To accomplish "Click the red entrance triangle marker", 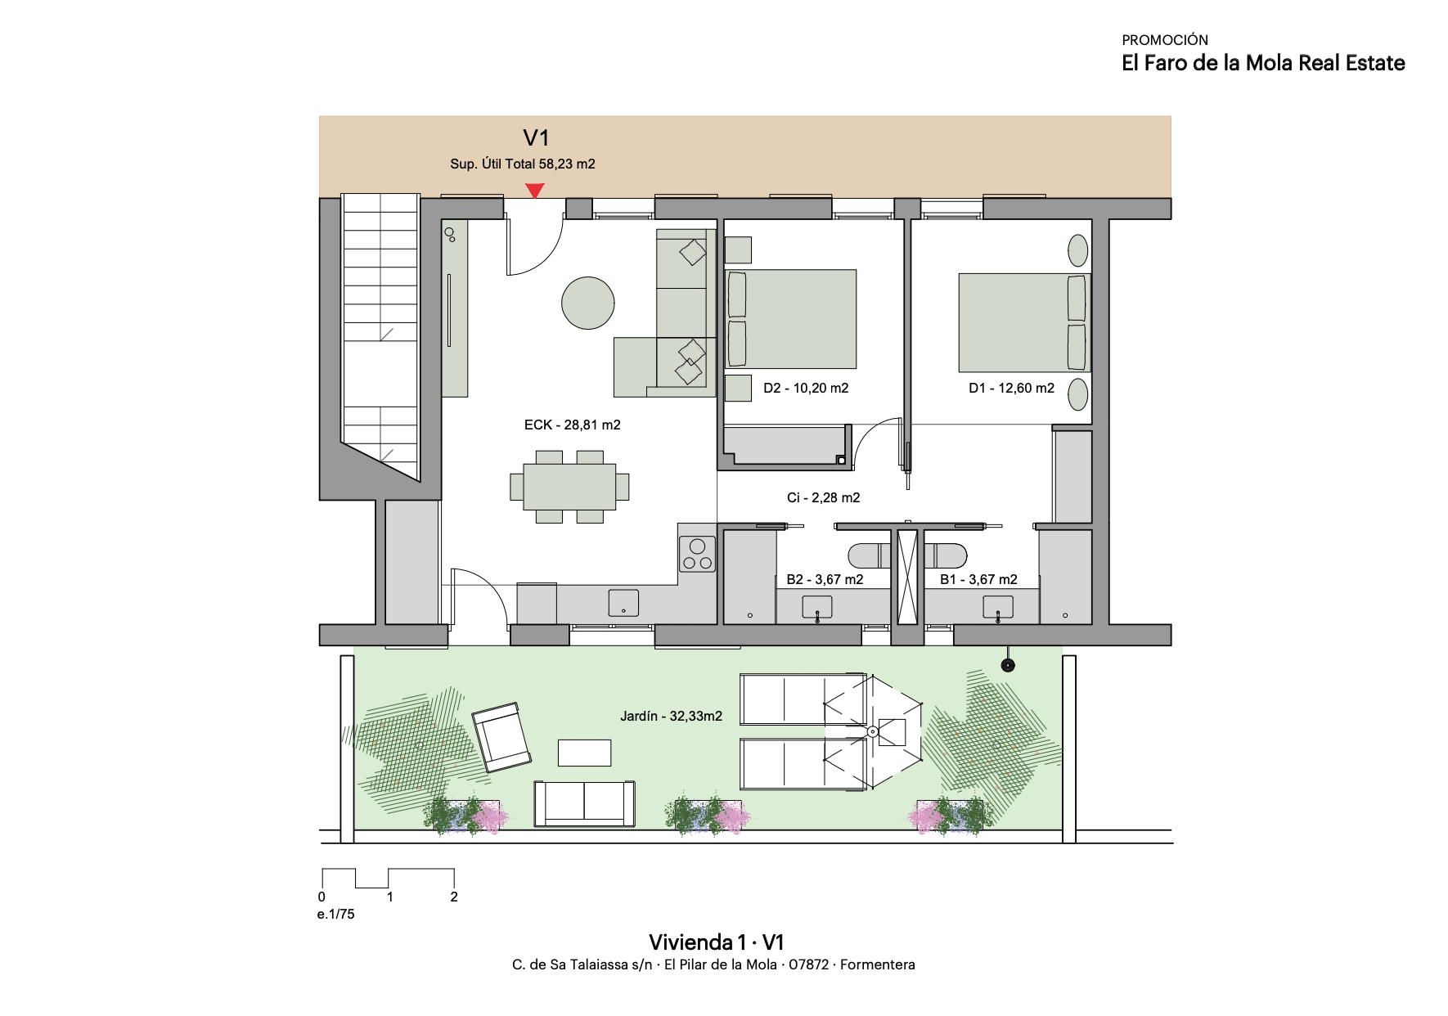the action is pyautogui.click(x=534, y=191).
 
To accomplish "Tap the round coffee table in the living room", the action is pyautogui.click(x=588, y=302).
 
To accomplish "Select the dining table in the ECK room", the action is pyautogui.click(x=569, y=487).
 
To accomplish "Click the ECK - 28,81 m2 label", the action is pyautogui.click(x=573, y=425).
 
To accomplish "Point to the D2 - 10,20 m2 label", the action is pyautogui.click(x=806, y=388).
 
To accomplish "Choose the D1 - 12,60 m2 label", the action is pyautogui.click(x=1011, y=388).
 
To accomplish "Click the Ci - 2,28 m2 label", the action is pyautogui.click(x=823, y=497).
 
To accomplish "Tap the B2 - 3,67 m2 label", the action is pyautogui.click(x=825, y=579).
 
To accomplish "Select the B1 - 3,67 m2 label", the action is pyautogui.click(x=978, y=579).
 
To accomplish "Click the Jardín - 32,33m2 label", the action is pyautogui.click(x=671, y=716).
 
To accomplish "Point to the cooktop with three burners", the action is pyautogui.click(x=698, y=553).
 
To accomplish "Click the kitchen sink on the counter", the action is pyautogui.click(x=623, y=602).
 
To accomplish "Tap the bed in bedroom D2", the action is pyautogui.click(x=791, y=319).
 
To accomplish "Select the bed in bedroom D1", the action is pyautogui.click(x=1024, y=322).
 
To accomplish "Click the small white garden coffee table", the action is pyautogui.click(x=584, y=753).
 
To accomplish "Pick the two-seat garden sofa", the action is pyautogui.click(x=584, y=803).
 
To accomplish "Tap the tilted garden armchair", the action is pyautogui.click(x=501, y=737).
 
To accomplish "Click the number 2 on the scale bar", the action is pyautogui.click(x=454, y=897).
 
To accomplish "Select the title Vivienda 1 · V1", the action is pyautogui.click(x=717, y=942).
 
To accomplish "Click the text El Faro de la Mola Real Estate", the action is pyautogui.click(x=1263, y=63).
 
